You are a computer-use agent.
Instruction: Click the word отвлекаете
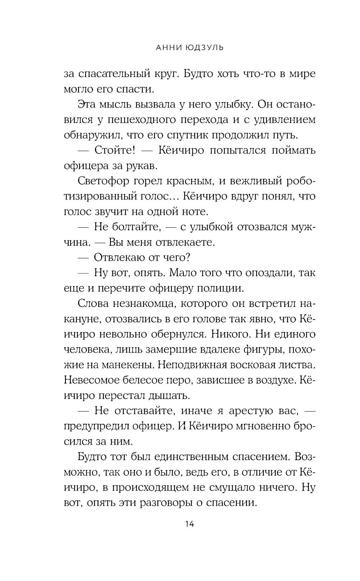(x=185, y=242)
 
